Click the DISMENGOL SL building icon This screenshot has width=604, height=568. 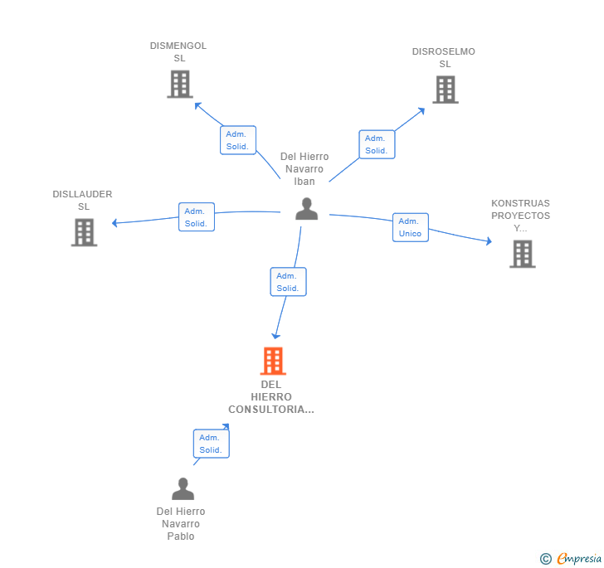179,85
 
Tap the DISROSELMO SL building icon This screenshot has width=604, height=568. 445,90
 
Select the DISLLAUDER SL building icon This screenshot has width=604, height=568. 84,232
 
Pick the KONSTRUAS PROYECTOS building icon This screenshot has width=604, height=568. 522,254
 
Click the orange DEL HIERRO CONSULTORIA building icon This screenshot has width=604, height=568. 273,362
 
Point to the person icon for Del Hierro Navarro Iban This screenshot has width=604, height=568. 306,209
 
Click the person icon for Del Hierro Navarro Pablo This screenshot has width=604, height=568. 183,488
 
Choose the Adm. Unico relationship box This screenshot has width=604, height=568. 410,227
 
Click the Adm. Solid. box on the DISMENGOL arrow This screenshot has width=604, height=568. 238,140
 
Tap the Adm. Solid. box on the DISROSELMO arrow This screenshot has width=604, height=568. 377,144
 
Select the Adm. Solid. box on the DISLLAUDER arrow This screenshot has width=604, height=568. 197,217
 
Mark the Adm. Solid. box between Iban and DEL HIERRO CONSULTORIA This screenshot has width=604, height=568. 288,282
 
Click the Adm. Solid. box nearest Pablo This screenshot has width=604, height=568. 211,444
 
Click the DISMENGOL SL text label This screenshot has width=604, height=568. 178,51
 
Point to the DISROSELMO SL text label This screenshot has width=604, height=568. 444,57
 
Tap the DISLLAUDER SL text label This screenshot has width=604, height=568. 82,200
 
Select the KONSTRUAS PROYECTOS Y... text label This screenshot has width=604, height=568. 520,216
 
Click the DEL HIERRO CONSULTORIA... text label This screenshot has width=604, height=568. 271,396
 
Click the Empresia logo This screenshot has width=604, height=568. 571,558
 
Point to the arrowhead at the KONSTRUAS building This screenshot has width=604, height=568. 490,242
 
